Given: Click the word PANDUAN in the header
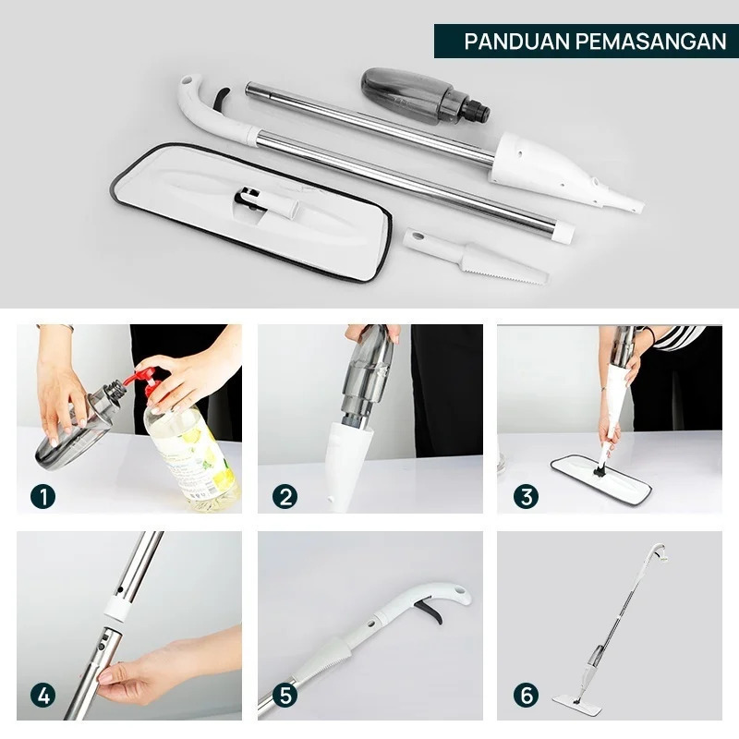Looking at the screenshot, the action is pos(517,42).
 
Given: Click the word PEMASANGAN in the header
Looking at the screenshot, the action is pos(651,42).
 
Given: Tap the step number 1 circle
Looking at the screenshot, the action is pos(42,496).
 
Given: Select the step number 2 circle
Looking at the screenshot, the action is pos(285,496).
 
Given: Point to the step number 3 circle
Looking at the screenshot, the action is pos(526,496).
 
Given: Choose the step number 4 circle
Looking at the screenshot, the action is pos(42,696).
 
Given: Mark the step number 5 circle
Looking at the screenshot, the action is pos(285,696).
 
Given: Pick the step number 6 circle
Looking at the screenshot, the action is pos(526,696).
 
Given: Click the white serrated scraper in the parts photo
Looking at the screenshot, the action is pos(476,257).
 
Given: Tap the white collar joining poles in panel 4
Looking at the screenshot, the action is pos(115,608).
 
